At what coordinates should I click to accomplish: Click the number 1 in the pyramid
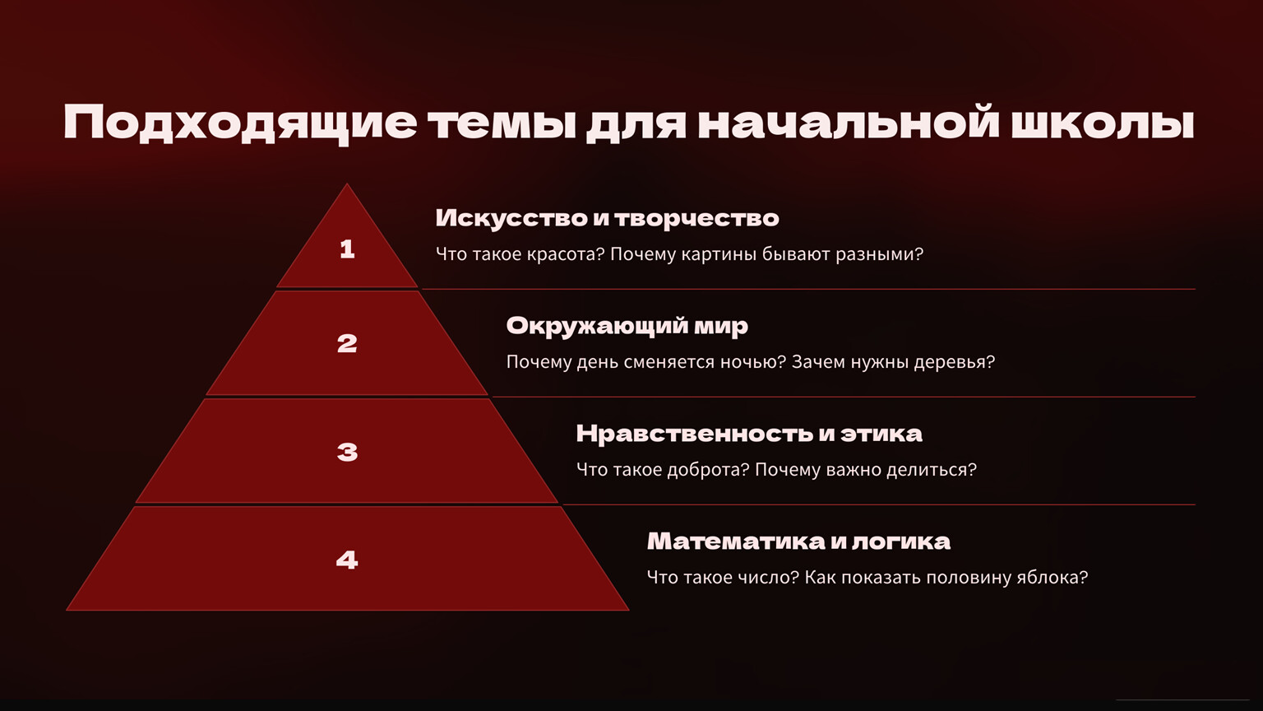coord(347,249)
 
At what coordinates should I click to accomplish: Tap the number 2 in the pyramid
coord(347,344)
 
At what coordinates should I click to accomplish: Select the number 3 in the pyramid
coord(347,452)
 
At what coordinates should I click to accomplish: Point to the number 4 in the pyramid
coord(347,560)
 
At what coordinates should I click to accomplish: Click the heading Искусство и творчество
coord(608,218)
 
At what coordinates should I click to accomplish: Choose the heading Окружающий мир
coord(627,327)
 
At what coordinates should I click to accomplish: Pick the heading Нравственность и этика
coord(749,434)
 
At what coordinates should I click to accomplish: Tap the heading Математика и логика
coord(798,541)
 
